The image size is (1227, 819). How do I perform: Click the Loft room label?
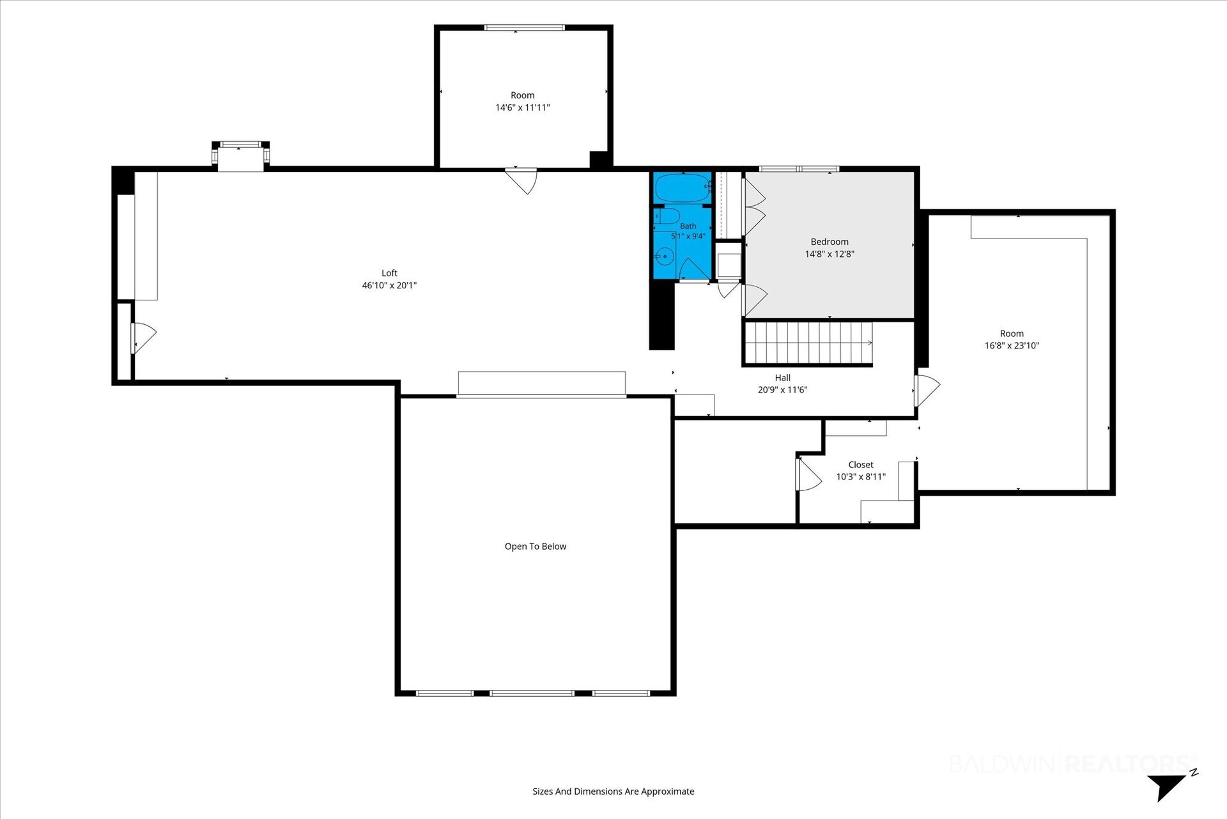pos(389,273)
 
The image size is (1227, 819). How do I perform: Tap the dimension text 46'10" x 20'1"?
pos(389,285)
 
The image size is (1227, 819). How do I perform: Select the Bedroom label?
pos(830,242)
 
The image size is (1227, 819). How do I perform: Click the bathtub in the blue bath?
pos(683,188)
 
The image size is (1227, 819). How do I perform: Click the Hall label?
pos(783,378)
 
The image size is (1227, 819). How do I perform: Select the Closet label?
pos(861,465)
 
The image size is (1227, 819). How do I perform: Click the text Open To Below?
pos(536,547)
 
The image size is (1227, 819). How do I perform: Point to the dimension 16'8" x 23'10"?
pos(1012,346)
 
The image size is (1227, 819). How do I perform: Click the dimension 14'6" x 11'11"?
pos(523,107)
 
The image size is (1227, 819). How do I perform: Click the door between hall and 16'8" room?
pos(927,391)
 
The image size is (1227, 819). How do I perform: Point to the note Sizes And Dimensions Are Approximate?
pos(613,792)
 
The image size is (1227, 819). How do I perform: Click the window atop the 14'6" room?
pos(525,27)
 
